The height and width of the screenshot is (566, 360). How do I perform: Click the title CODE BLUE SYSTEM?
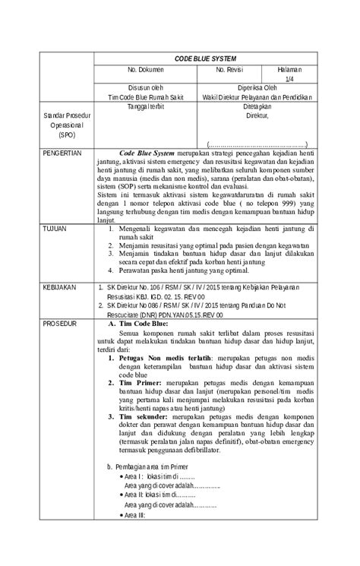coord(205,58)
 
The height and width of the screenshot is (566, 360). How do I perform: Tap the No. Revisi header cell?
coord(229,69)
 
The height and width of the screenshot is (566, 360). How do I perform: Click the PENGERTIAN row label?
coord(62,153)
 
